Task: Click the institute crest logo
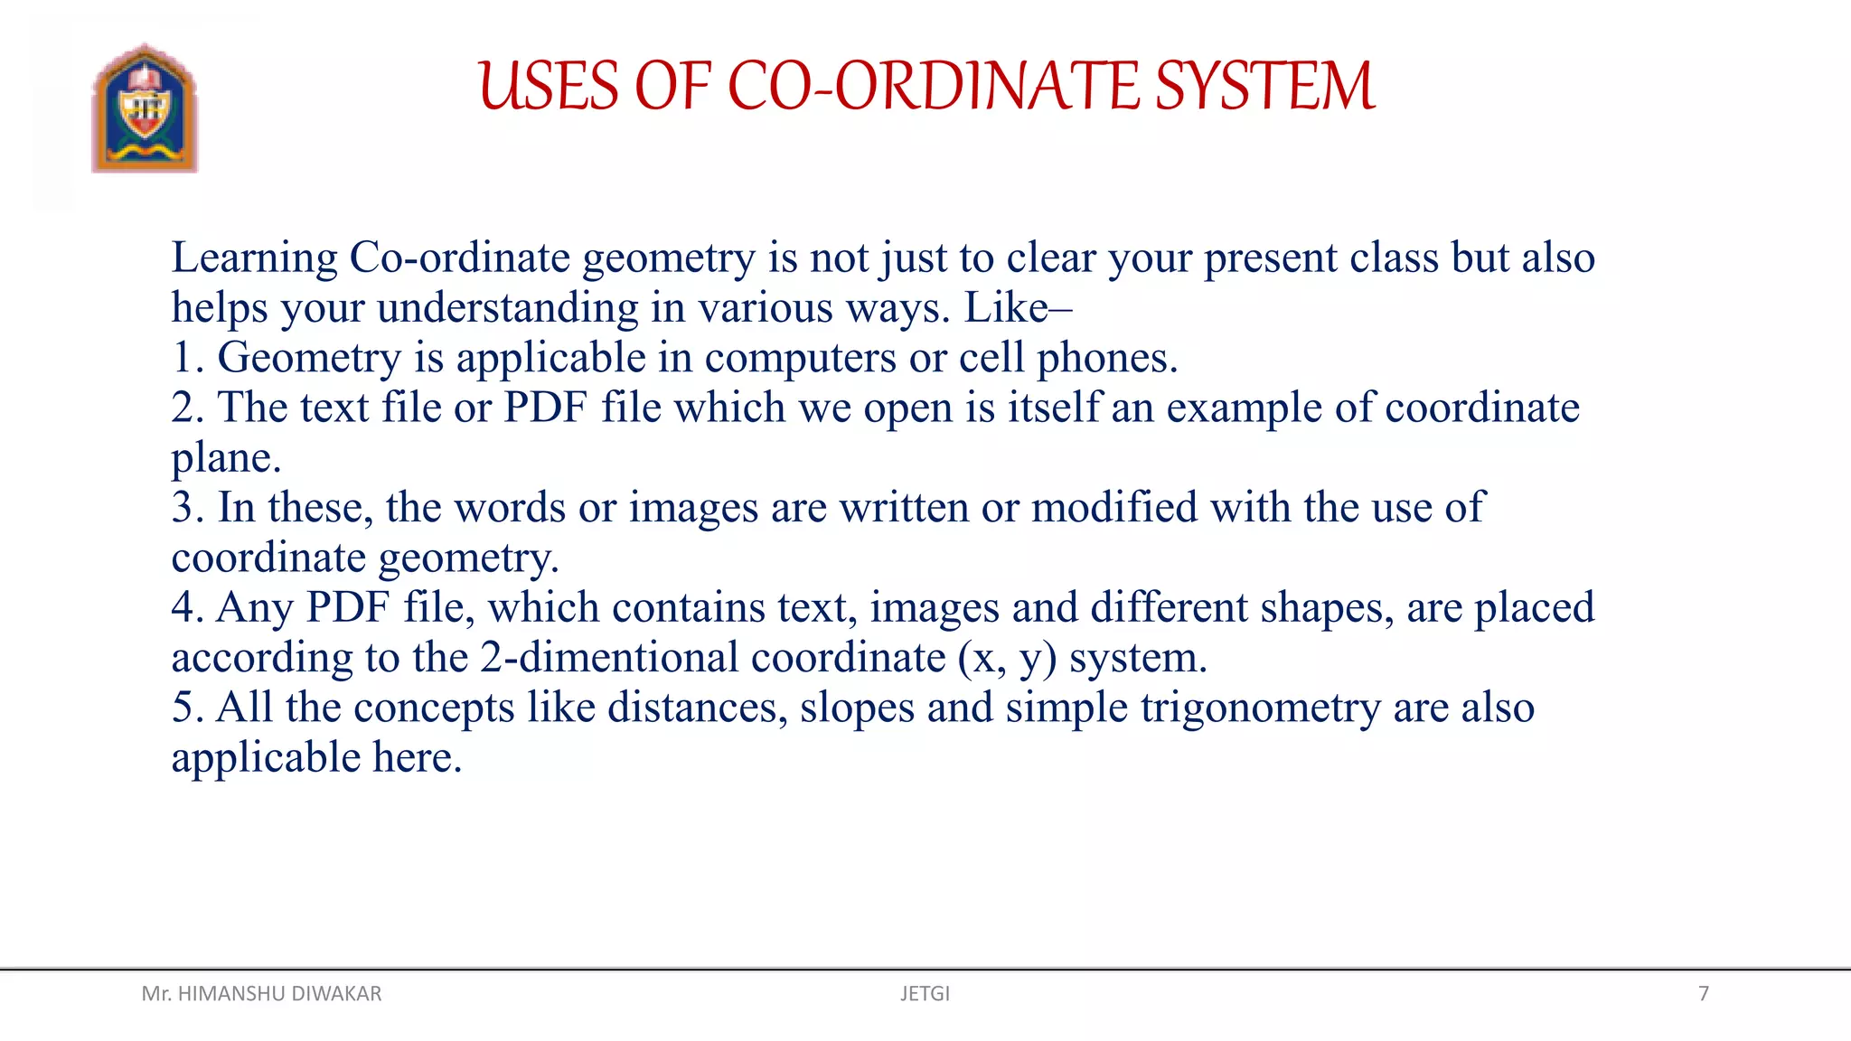(x=145, y=108)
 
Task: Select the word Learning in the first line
(x=254, y=258)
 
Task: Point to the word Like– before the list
(x=1018, y=308)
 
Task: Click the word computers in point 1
(x=801, y=359)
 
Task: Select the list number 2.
(x=187, y=408)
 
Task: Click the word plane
(x=225, y=459)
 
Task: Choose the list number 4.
(x=187, y=608)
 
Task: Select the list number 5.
(x=187, y=708)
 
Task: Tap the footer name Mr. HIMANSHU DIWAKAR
(x=261, y=994)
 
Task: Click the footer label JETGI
(x=925, y=994)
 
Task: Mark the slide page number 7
(x=1704, y=994)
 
